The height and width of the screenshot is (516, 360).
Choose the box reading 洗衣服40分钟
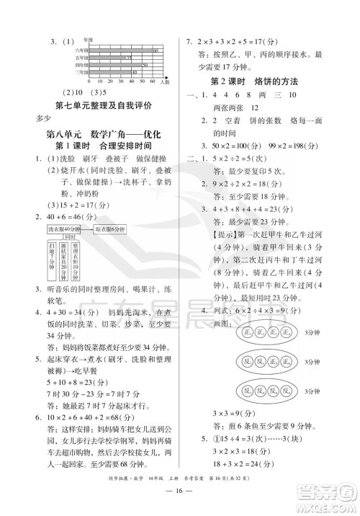pyautogui.click(x=66, y=228)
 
